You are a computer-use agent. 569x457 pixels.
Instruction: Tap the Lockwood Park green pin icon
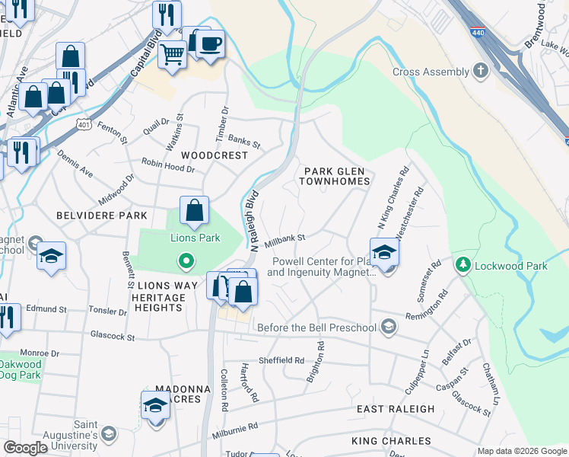pos(462,266)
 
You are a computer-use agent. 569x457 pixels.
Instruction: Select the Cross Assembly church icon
pos(480,72)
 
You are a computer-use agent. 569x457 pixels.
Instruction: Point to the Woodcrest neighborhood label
pos(215,155)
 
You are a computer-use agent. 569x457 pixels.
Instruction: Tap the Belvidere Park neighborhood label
pos(101,216)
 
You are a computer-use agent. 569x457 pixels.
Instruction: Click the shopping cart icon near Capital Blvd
pos(173,55)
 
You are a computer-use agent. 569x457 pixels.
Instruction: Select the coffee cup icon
pos(211,43)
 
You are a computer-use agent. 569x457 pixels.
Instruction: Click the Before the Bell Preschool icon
pos(389,328)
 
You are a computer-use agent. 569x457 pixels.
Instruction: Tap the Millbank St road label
pos(284,239)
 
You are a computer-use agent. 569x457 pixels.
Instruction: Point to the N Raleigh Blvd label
pos(253,221)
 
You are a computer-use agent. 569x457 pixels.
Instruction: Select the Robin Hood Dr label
pos(168,165)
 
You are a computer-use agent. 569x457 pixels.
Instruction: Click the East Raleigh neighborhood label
pos(396,409)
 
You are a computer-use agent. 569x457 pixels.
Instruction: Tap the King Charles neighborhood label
pos(391,441)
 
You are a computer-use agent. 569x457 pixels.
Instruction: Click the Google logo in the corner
pos(25,448)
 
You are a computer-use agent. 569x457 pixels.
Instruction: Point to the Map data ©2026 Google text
pos(521,451)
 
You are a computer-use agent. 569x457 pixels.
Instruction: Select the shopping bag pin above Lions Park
pos(195,211)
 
